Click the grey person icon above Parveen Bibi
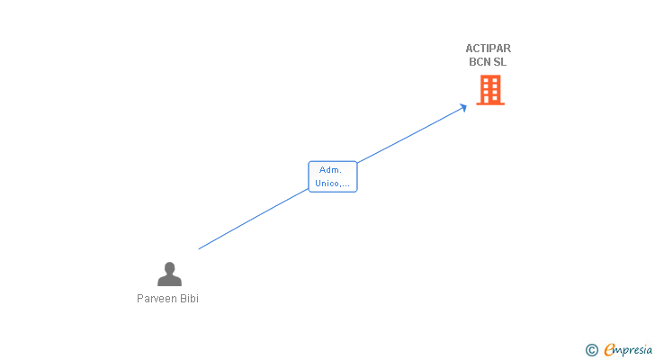(x=169, y=274)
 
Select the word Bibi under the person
(x=188, y=299)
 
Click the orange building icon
(x=490, y=90)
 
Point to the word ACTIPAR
(x=488, y=49)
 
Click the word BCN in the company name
(x=480, y=62)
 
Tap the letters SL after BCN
(x=500, y=62)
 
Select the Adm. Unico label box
(x=333, y=176)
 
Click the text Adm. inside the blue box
(x=331, y=169)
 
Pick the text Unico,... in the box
(x=333, y=184)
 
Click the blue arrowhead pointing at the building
(x=464, y=106)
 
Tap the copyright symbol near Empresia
(x=591, y=350)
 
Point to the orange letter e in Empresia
(x=609, y=350)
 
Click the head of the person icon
(x=169, y=267)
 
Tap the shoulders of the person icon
(x=169, y=281)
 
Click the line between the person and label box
(x=252, y=220)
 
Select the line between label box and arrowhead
(x=409, y=136)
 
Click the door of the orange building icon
(x=490, y=99)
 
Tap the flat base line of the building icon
(x=490, y=104)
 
